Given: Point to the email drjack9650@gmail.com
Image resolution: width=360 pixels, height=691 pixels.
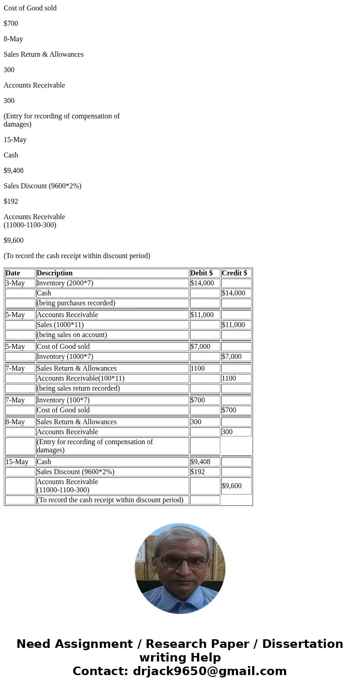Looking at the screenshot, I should click(x=209, y=671).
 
